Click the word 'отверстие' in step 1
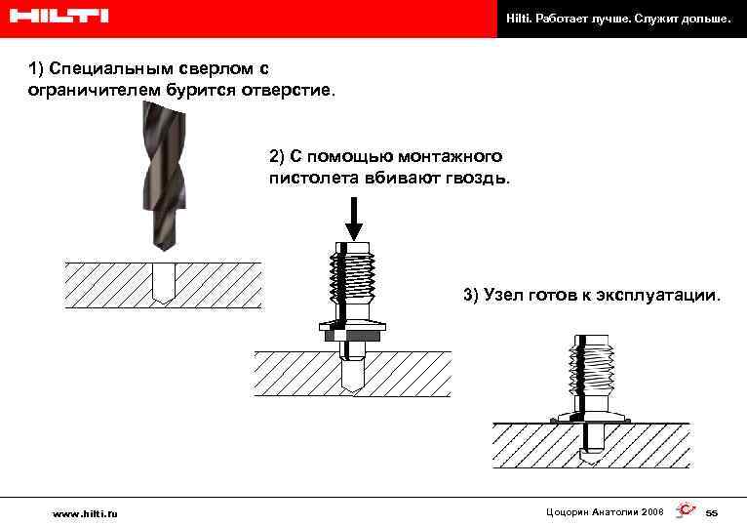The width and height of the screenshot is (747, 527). point(285,90)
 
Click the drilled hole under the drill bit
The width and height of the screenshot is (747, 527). point(164,284)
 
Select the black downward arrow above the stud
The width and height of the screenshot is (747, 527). point(354,218)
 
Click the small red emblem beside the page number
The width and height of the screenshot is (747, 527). point(685,510)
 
